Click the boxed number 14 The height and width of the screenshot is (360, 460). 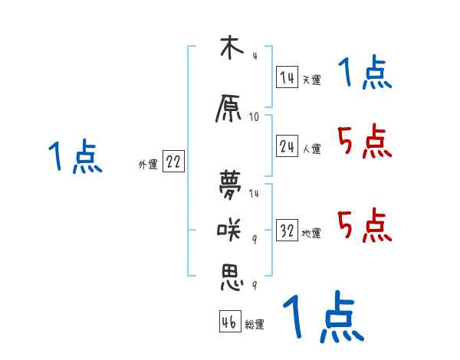point(287,77)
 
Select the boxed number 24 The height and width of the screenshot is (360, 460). point(287,147)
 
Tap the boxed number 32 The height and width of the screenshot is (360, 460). point(287,231)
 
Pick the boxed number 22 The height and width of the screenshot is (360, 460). point(173,162)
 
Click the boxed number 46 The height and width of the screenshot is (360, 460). point(229,322)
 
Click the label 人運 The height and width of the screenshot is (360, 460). point(312,149)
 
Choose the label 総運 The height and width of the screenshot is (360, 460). point(255,325)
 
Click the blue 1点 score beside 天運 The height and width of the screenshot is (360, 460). point(364,74)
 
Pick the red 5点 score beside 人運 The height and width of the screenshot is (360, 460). point(364,142)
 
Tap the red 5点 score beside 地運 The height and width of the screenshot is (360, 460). point(364,226)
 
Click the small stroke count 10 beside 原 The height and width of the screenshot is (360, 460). point(255,117)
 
